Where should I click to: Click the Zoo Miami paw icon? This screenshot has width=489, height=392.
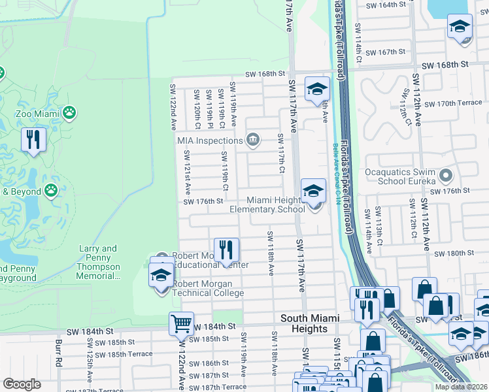click(69, 113)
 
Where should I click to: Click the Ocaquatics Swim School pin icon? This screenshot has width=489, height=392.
click(446, 175)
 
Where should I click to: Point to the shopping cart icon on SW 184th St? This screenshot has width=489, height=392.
click(181, 323)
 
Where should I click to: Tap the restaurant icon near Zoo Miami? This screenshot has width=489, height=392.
click(33, 140)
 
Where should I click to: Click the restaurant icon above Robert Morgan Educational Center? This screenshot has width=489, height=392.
click(226, 250)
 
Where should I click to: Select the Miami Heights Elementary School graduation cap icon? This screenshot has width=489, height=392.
click(313, 191)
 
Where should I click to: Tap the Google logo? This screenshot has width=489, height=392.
click(22, 384)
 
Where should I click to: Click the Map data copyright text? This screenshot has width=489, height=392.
click(461, 387)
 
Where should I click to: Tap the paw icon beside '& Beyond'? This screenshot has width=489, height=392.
click(51, 191)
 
